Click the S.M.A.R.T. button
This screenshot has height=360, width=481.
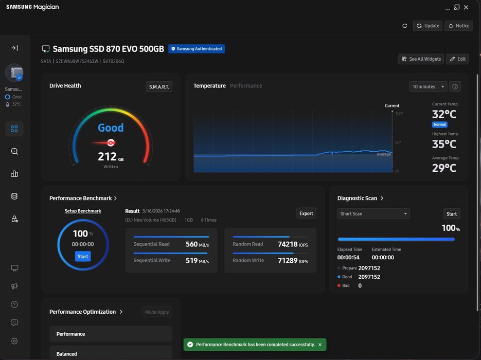pyautogui.click(x=159, y=87)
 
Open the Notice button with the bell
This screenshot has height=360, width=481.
pyautogui.click(x=459, y=26)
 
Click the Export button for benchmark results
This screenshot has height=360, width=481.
pyautogui.click(x=306, y=213)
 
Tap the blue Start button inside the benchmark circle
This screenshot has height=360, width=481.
pyautogui.click(x=83, y=256)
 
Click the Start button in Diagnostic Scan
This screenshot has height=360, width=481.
pyautogui.click(x=452, y=214)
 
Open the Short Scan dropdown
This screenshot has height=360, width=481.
pyautogui.click(x=373, y=214)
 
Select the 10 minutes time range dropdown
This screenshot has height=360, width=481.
pyautogui.click(x=428, y=87)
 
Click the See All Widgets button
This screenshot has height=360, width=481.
pyautogui.click(x=421, y=59)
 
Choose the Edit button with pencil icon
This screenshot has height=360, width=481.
pyautogui.click(x=458, y=59)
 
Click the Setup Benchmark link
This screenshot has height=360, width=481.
pyautogui.click(x=83, y=211)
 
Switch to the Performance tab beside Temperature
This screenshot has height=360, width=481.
pyautogui.click(x=246, y=86)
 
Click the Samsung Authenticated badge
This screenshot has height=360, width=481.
pyautogui.click(x=197, y=49)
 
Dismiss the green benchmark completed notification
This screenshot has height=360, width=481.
pyautogui.click(x=320, y=345)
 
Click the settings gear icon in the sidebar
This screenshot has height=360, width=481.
pyautogui.click(x=14, y=341)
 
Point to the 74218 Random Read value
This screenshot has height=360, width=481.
pyautogui.click(x=288, y=244)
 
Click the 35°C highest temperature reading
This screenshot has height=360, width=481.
pyautogui.click(x=444, y=144)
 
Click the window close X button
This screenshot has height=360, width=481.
pyautogui.click(x=466, y=7)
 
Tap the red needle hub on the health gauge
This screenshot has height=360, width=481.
pyautogui.click(x=111, y=142)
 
